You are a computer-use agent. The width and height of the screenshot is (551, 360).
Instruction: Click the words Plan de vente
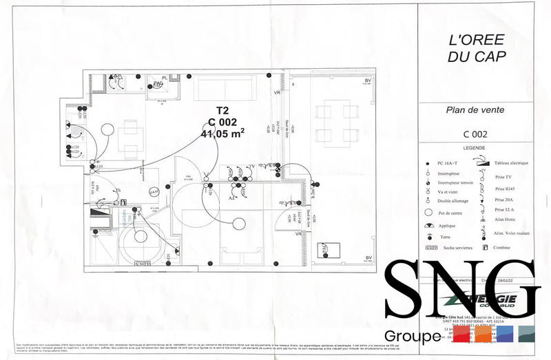[x=466, y=109]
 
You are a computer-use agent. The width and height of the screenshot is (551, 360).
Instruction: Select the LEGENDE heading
[x=474, y=148]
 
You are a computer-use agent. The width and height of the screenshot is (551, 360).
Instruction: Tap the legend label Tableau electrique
[x=511, y=163]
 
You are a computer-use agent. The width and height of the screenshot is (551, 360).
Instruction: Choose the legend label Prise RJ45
[x=506, y=189]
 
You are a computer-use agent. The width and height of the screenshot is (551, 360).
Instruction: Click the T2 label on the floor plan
[x=222, y=110]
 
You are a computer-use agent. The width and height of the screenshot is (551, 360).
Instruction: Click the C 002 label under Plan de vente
[x=475, y=134]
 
